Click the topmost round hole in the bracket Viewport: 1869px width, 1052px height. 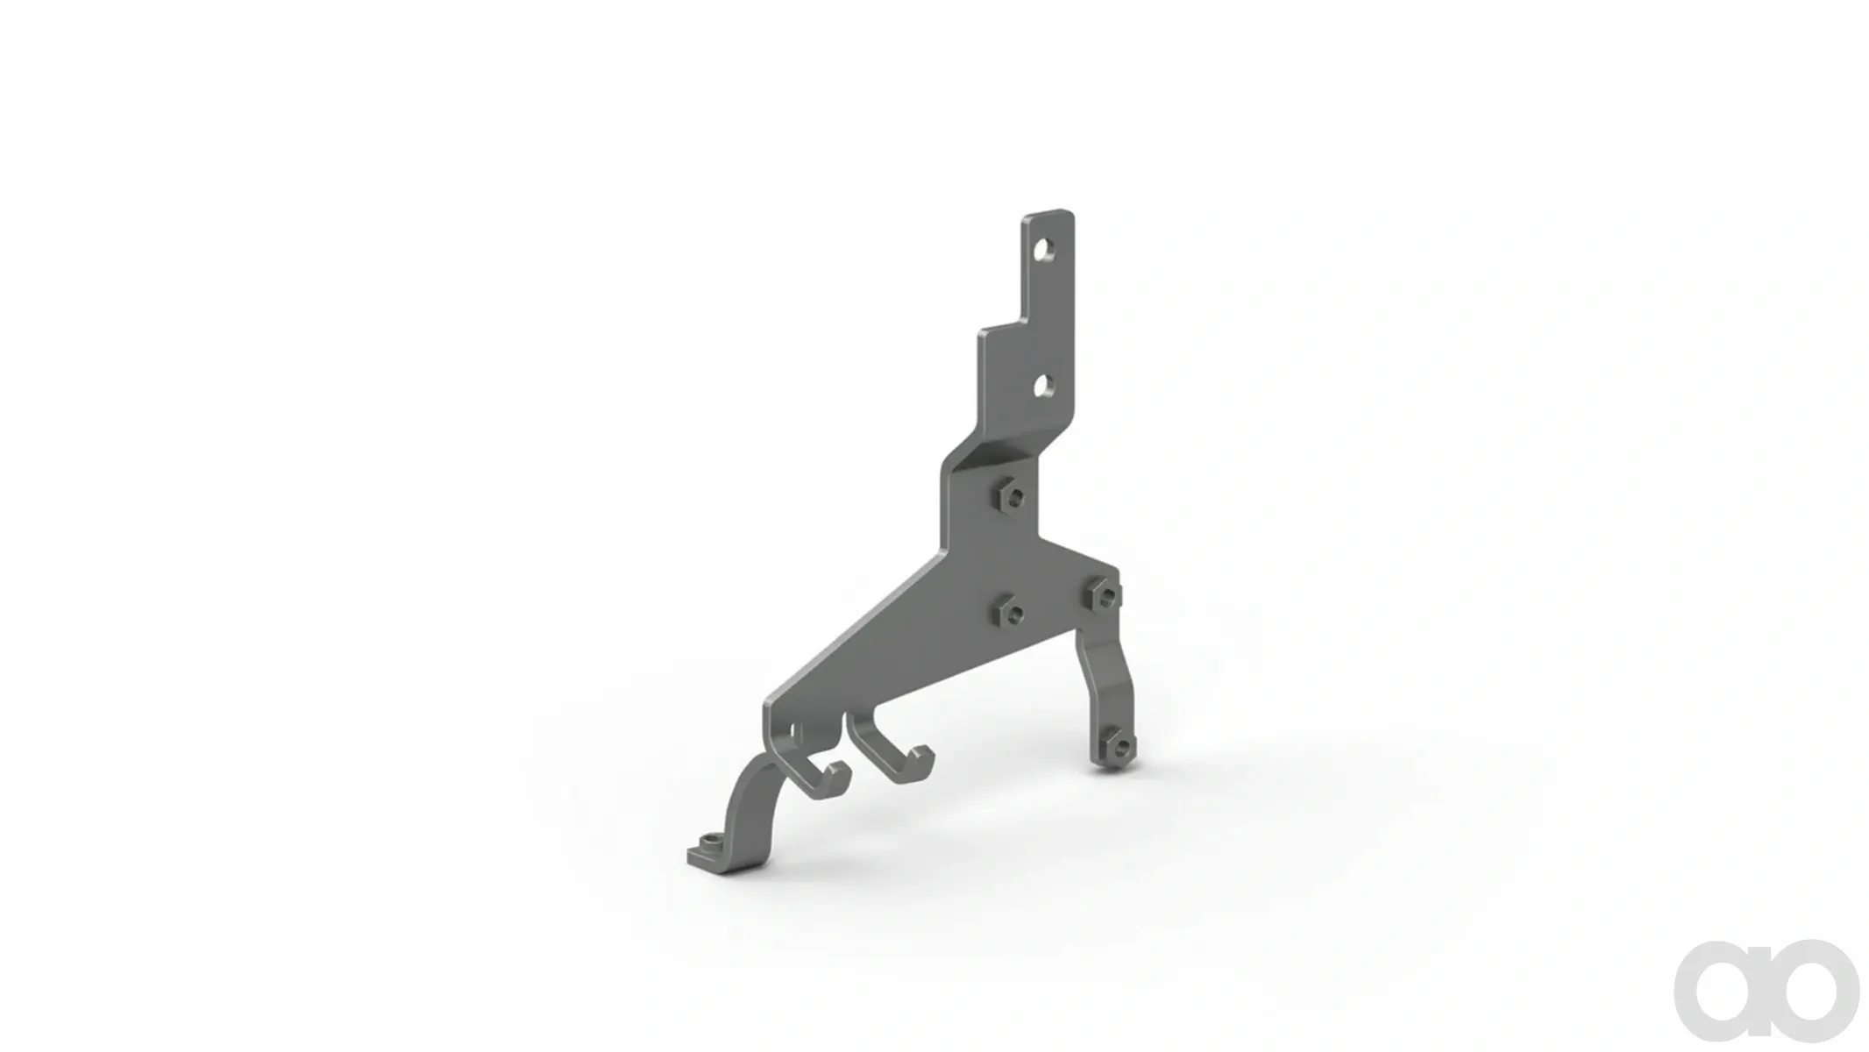pos(1043,252)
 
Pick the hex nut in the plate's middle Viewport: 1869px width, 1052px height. pos(1010,611)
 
